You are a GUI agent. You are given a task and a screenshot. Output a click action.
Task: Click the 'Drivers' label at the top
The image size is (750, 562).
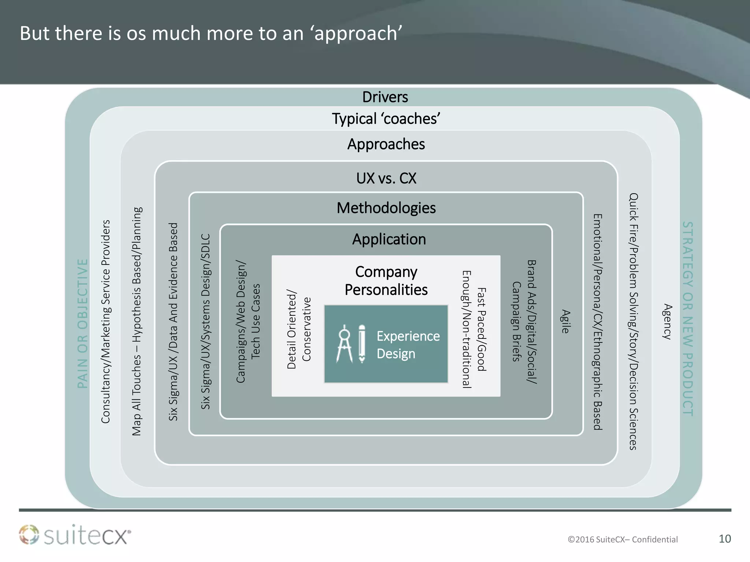(385, 97)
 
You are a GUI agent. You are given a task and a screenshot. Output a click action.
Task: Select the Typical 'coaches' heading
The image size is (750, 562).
(386, 119)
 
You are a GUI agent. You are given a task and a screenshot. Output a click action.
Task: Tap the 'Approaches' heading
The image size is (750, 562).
(386, 144)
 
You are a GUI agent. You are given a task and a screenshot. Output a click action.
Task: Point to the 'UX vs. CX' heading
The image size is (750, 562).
(386, 179)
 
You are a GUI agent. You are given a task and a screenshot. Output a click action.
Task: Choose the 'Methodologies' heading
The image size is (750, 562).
(386, 208)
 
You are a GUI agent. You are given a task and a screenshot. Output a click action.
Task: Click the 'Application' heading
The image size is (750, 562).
(389, 239)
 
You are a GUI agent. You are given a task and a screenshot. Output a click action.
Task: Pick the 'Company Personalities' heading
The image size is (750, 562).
(386, 281)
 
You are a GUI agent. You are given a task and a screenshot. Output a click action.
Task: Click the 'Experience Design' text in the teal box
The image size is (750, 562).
(408, 345)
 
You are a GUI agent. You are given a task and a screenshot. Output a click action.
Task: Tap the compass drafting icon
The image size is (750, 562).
(345, 344)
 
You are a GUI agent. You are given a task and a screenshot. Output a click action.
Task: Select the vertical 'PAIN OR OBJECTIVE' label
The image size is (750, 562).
(83, 323)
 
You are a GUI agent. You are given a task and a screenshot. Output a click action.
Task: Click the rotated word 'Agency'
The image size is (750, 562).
(667, 322)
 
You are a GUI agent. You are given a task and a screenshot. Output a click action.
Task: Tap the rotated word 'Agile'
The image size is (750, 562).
(566, 322)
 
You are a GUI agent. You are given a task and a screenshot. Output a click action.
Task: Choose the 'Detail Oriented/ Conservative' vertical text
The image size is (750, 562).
(299, 329)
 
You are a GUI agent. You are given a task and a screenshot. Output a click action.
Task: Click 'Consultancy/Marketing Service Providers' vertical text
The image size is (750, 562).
(105, 322)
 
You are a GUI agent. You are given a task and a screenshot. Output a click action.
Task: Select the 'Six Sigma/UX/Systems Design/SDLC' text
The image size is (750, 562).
(206, 322)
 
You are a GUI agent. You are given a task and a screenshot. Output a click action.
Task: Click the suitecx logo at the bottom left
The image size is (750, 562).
(75, 535)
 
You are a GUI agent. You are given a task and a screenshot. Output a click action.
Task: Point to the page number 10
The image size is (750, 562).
(725, 539)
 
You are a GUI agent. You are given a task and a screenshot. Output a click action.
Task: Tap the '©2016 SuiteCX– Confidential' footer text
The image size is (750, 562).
(623, 539)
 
